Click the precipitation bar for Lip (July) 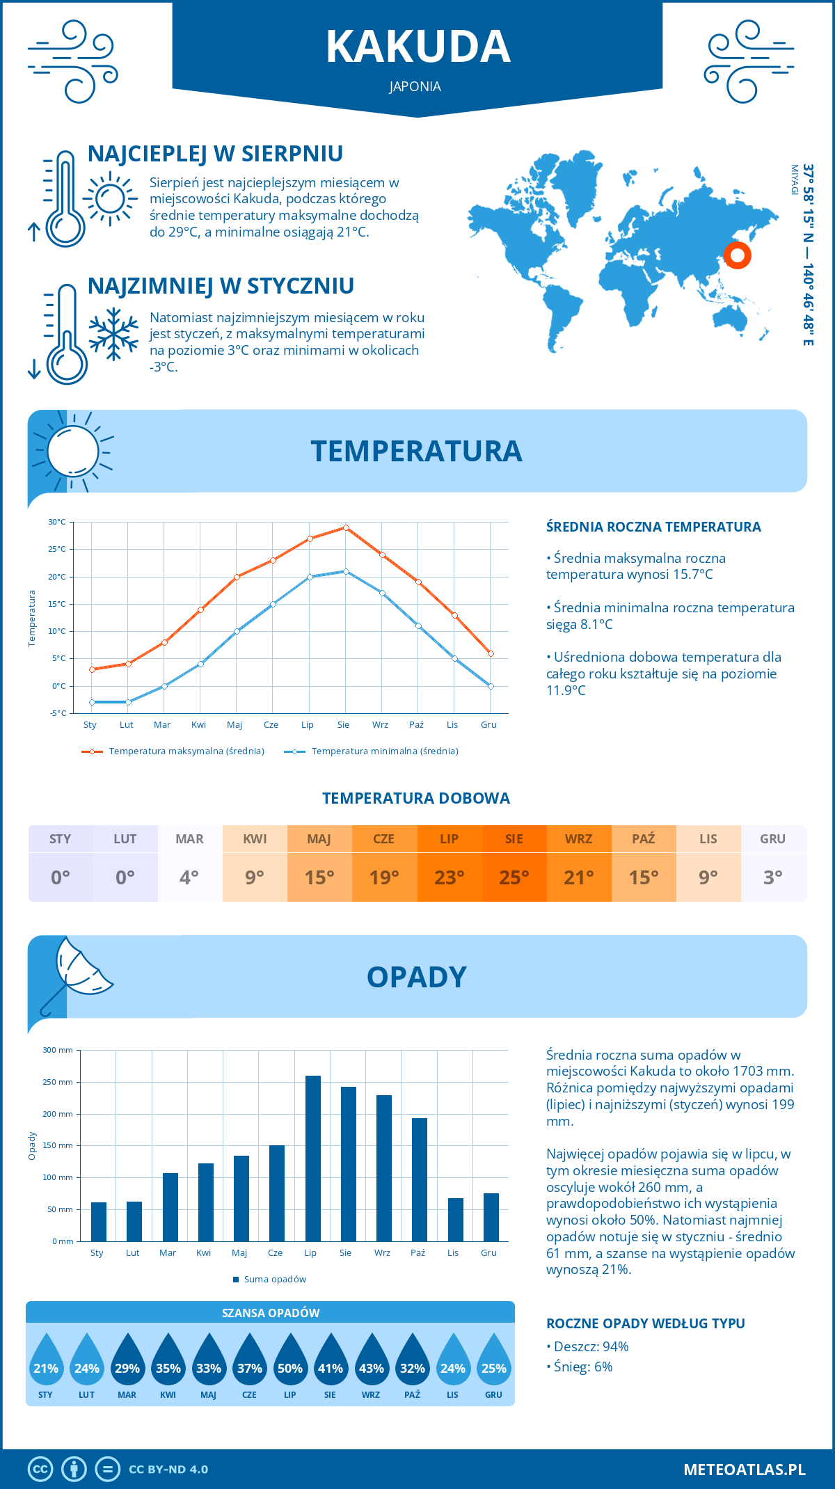click(313, 1158)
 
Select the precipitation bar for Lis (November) click(456, 1220)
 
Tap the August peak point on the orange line click(346, 527)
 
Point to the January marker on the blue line click(92, 702)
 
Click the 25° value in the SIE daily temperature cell click(514, 877)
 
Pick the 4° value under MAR click(189, 877)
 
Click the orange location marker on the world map click(737, 255)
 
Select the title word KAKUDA click(418, 47)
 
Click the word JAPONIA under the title click(415, 86)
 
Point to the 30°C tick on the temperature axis click(57, 522)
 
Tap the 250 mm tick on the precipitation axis click(58, 1082)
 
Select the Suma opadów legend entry click(274, 1279)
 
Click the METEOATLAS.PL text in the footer click(745, 1470)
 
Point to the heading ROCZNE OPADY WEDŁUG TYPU click(645, 1323)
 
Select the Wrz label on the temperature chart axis click(380, 725)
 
